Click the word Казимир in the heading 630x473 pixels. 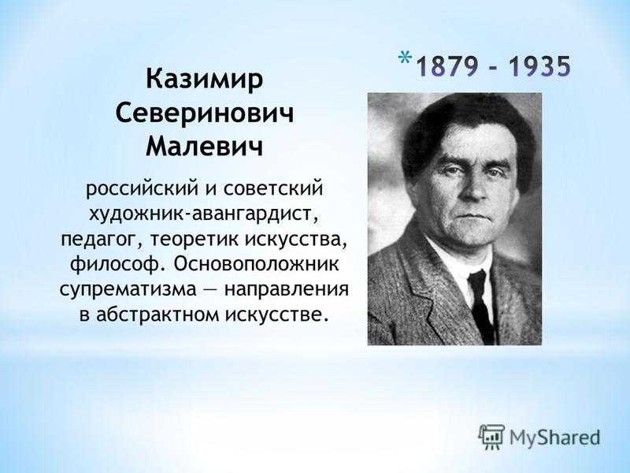point(205,79)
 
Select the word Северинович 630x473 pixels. point(205,113)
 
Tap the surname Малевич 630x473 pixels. point(205,147)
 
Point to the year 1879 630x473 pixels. point(447,66)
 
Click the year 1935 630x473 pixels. point(539,66)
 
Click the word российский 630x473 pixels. point(143,189)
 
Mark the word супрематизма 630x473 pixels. point(128,289)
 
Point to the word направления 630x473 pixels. point(286,289)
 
